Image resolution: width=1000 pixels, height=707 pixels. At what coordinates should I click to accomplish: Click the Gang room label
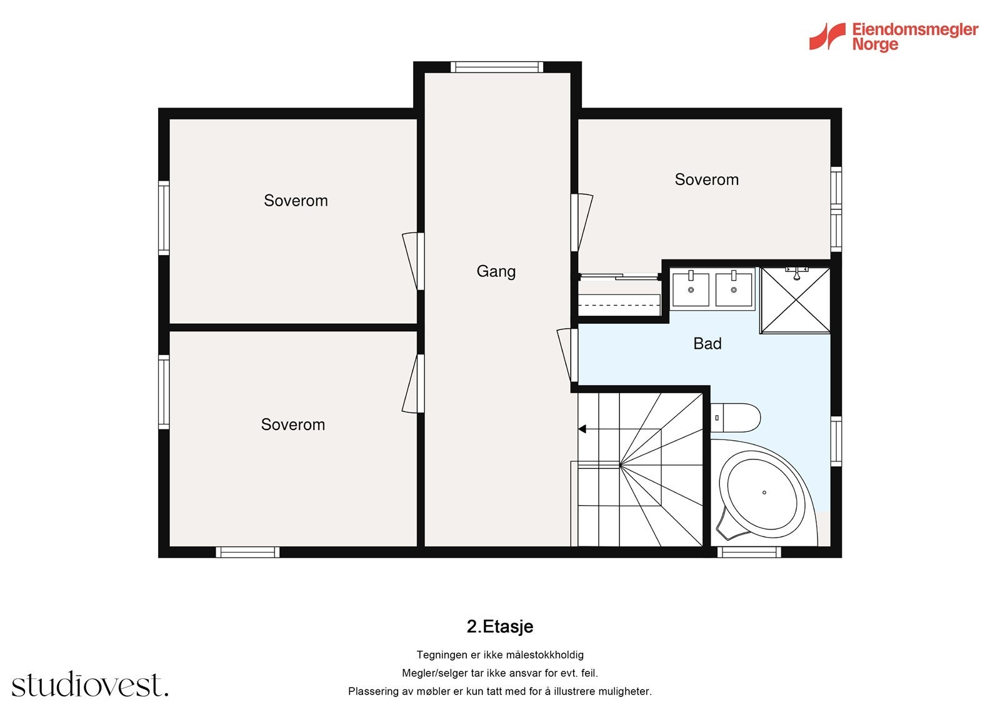click(496, 271)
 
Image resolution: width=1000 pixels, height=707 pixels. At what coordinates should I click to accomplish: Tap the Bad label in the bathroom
click(707, 343)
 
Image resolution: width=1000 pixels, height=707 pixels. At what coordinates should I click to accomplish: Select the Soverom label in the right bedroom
click(707, 179)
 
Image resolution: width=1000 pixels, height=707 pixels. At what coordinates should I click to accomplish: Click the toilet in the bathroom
click(735, 418)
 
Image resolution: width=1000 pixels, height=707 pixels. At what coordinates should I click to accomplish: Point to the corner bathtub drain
click(764, 493)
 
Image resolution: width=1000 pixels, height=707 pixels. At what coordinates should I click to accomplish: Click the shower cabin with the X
click(795, 300)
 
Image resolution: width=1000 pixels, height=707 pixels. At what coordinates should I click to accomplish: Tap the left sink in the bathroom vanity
click(691, 289)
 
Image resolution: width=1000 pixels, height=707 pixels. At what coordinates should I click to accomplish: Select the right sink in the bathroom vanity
click(734, 289)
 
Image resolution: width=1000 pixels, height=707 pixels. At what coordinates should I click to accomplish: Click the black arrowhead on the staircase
click(582, 429)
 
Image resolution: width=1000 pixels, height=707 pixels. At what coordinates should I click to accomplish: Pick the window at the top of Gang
click(497, 67)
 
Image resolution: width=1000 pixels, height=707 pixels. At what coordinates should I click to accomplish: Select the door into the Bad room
click(567, 356)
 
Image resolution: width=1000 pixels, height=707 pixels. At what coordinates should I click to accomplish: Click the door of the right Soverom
click(582, 223)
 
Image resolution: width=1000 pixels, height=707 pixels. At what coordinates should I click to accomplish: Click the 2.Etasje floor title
click(500, 626)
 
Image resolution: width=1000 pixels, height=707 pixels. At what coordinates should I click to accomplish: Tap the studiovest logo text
click(90, 684)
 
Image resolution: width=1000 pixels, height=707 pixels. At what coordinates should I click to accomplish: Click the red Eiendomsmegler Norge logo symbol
click(827, 36)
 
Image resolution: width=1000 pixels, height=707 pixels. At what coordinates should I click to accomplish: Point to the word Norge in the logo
click(875, 44)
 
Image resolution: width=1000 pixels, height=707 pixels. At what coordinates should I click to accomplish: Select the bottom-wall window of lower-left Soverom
click(247, 552)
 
